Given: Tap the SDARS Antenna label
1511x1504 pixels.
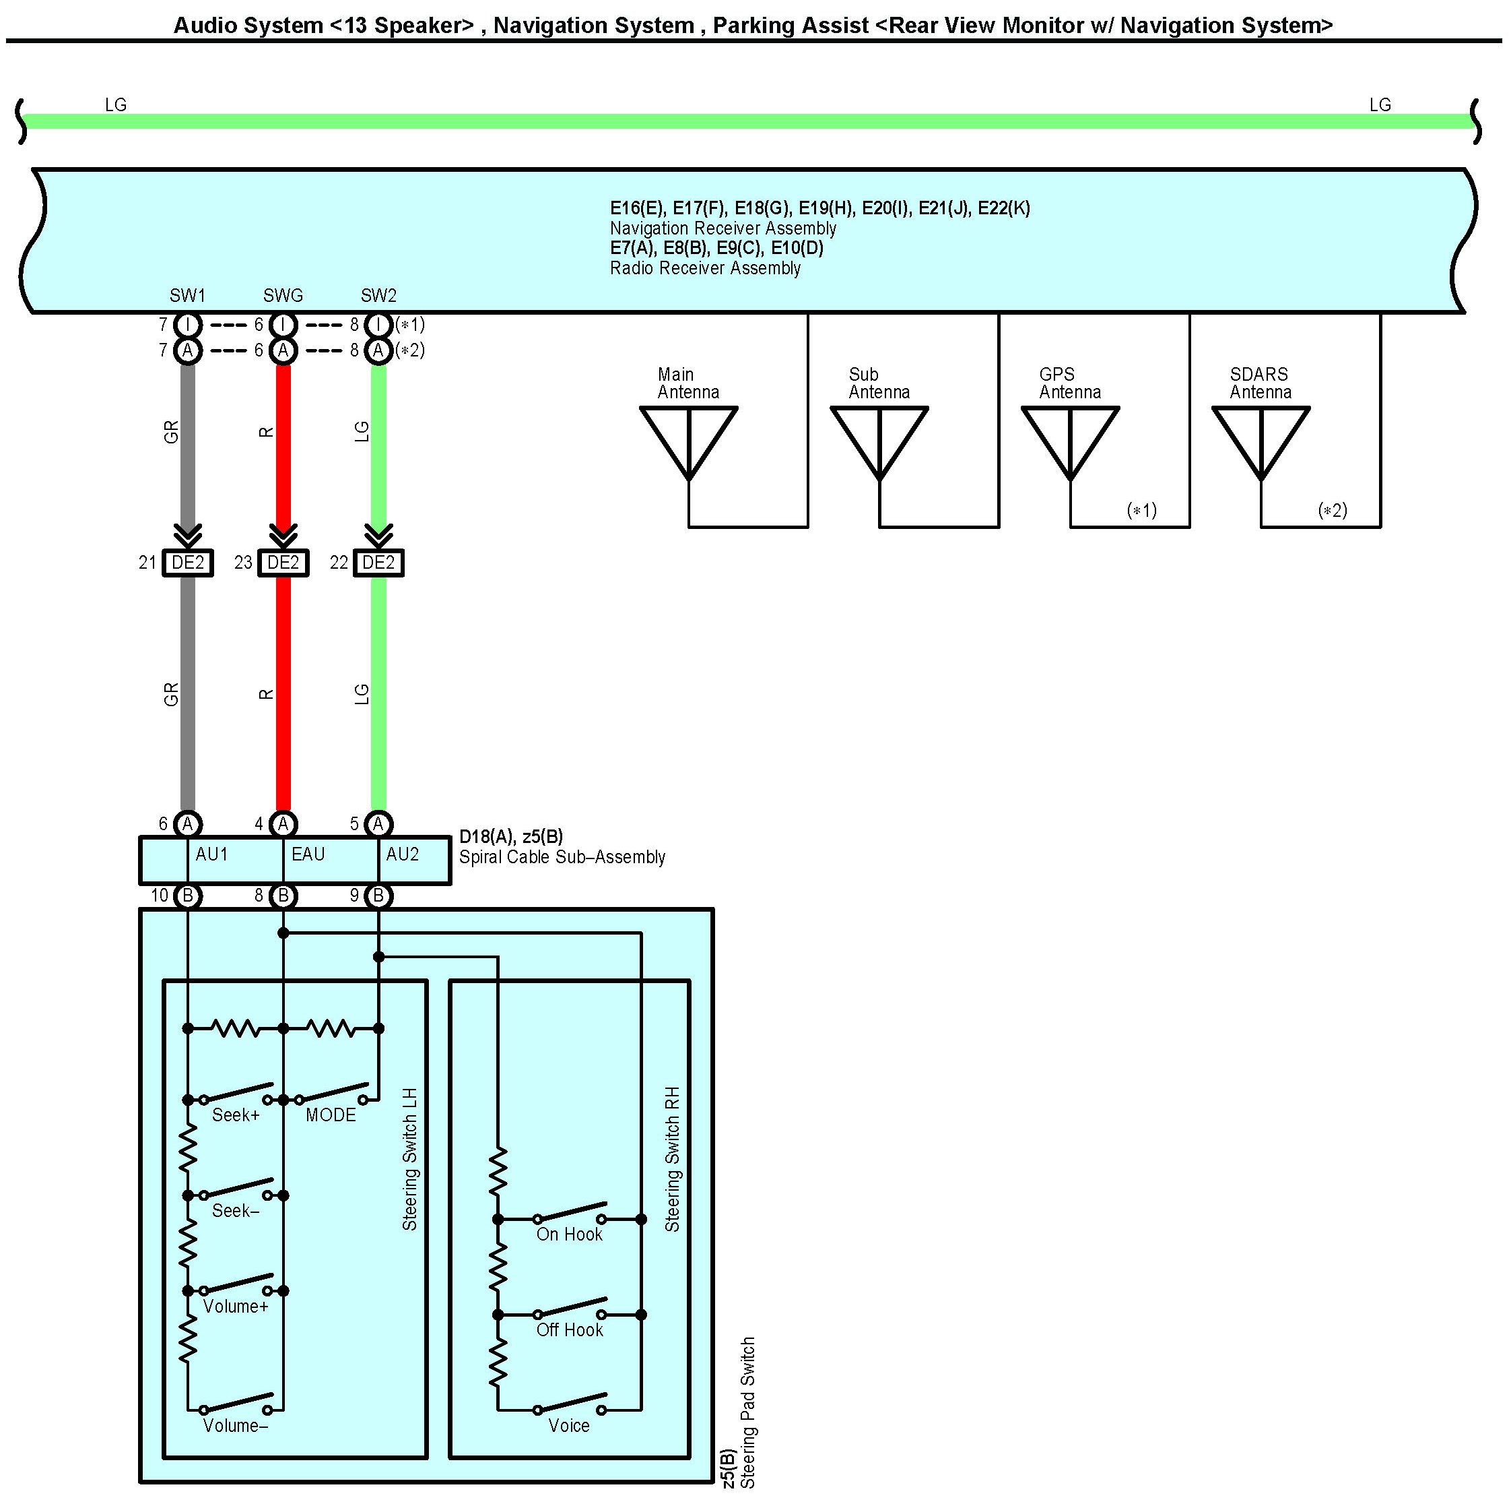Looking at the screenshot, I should [1260, 383].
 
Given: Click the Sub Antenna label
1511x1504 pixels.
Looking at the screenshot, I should [879, 383].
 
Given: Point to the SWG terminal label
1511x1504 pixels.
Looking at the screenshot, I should [282, 296].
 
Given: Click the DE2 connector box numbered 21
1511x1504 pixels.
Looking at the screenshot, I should [188, 563].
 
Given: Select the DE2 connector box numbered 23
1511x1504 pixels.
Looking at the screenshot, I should [283, 563].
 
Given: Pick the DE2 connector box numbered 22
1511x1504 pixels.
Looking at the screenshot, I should [378, 563].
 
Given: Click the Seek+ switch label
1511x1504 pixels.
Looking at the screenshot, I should [236, 1115].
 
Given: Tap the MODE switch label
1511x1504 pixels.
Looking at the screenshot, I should [330, 1115].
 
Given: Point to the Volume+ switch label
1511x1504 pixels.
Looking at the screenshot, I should [236, 1306].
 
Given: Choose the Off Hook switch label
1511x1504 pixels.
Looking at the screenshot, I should [570, 1329].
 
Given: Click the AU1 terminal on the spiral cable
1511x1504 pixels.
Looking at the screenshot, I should [211, 854].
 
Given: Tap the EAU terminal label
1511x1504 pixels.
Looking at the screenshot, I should [308, 854].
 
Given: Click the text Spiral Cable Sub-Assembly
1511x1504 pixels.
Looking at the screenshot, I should [562, 857].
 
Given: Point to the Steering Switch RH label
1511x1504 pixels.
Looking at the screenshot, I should [673, 1159].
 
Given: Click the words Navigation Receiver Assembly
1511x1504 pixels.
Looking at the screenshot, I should [723, 228].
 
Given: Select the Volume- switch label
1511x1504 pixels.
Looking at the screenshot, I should [236, 1425].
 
